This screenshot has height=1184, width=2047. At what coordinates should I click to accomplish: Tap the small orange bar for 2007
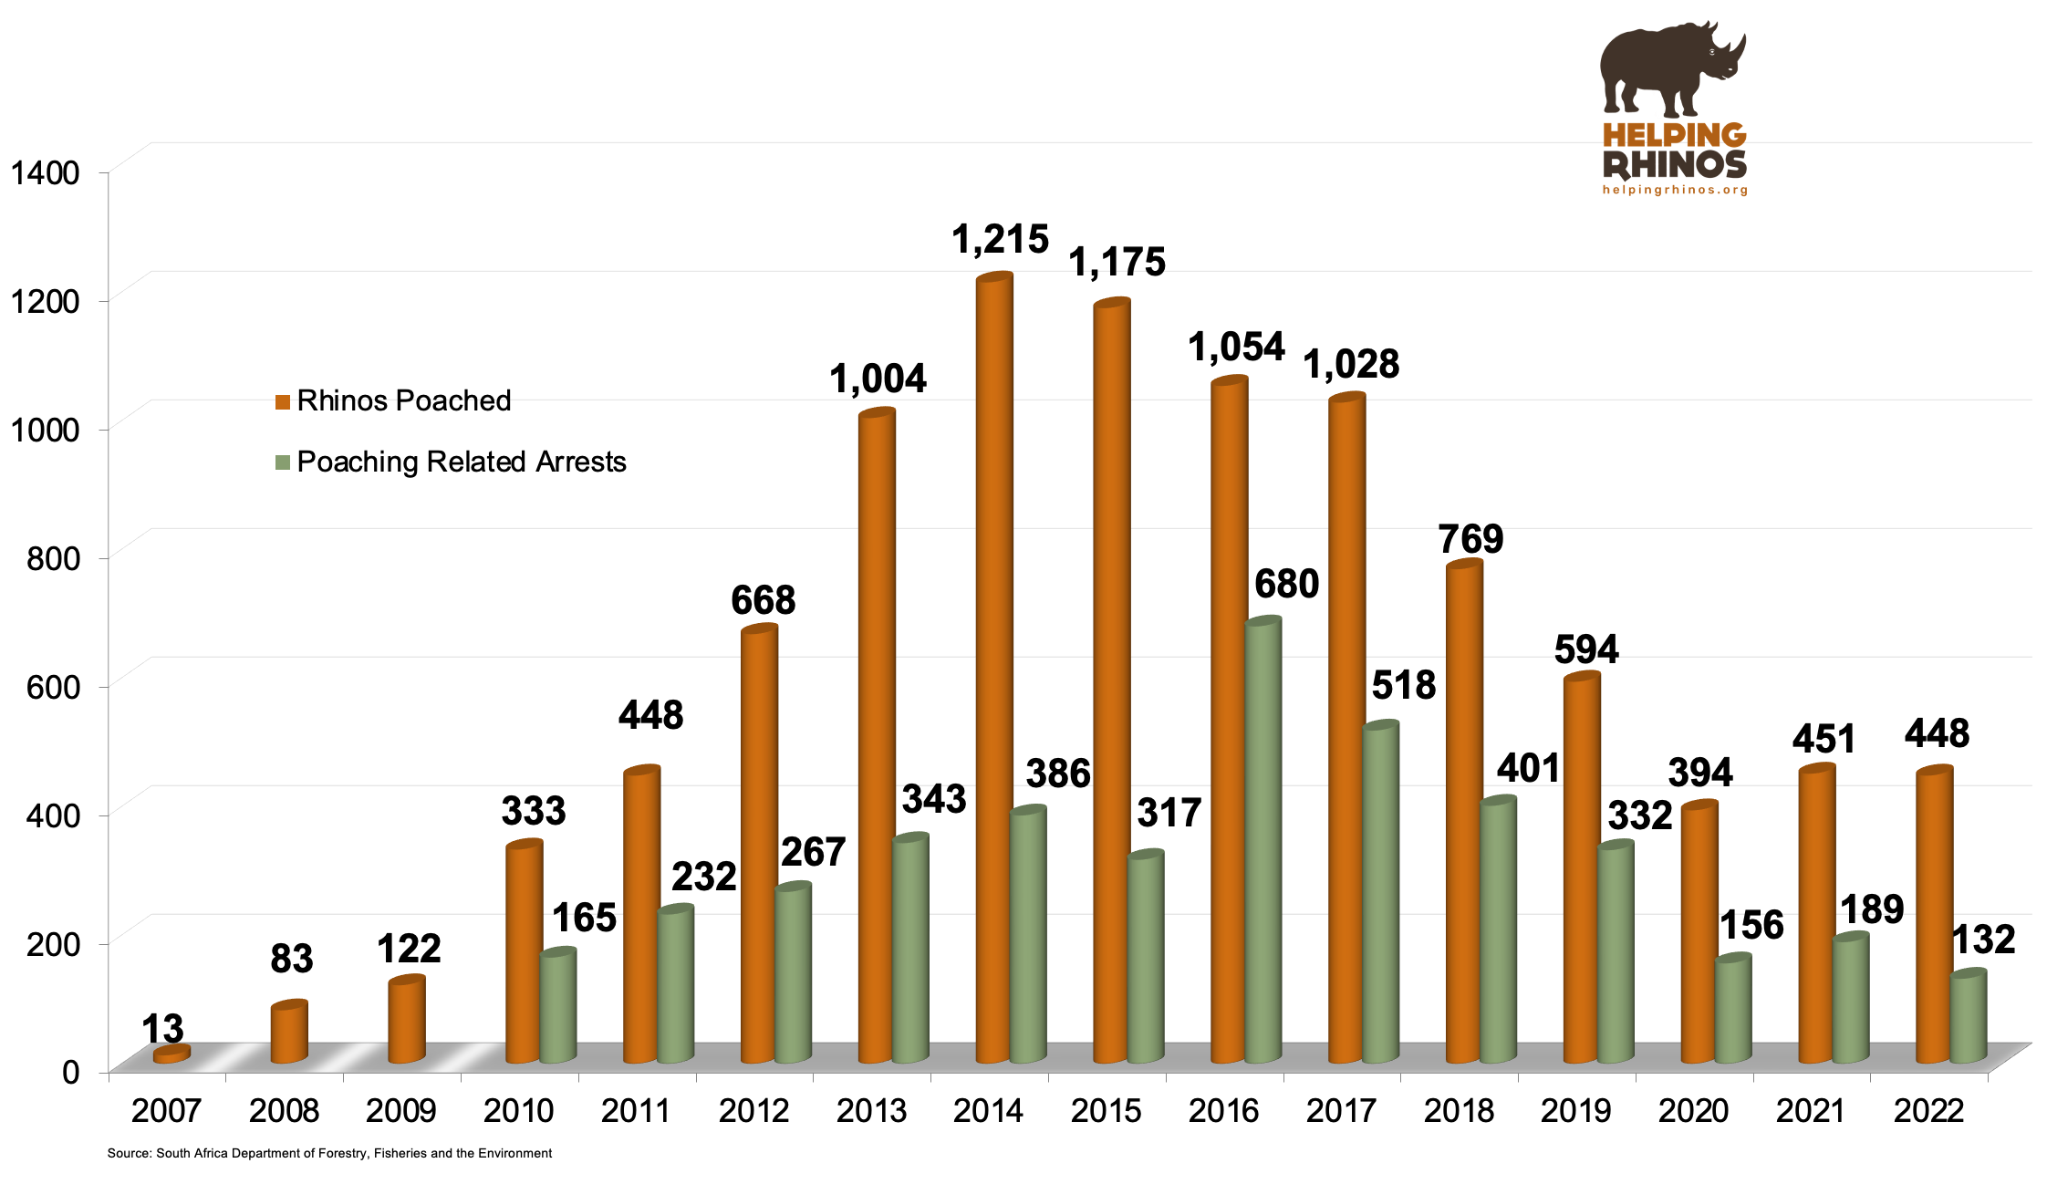pos(171,1054)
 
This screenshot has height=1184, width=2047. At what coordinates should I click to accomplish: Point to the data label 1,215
pos(1000,240)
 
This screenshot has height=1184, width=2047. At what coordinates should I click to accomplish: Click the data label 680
pos(1286,584)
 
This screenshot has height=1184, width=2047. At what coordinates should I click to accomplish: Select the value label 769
pos(1470,539)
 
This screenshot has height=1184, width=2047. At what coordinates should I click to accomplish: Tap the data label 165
pos(584,918)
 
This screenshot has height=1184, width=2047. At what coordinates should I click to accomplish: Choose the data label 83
pos(291,959)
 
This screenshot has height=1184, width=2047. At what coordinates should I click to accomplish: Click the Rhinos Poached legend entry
pos(394,400)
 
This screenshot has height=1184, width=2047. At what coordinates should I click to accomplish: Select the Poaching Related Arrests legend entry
pos(452,462)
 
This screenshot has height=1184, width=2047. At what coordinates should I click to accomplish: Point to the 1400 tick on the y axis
pos(45,172)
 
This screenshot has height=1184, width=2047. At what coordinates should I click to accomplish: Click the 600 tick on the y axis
pos(53,687)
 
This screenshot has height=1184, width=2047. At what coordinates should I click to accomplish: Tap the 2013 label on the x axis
pos(870,1110)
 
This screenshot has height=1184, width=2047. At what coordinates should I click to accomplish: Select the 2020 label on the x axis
pos(1693,1110)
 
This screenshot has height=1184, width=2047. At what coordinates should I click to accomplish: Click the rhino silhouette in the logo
pos(1669,68)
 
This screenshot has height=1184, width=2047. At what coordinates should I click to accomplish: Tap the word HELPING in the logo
pos(1674,136)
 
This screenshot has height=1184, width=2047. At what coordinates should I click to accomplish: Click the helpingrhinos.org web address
pos(1675,190)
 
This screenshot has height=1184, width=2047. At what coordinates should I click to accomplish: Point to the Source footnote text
pos(329,1153)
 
